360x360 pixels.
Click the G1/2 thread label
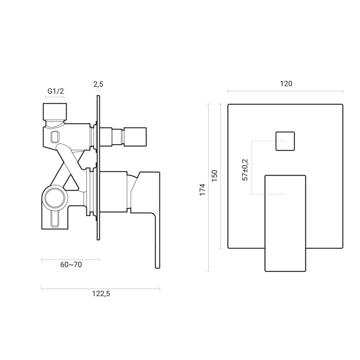(55, 91)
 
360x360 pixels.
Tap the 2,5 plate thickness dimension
(98, 84)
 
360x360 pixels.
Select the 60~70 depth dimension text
(71, 265)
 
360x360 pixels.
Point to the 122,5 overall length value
(101, 293)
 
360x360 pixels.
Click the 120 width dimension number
(286, 84)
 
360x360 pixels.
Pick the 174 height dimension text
(202, 189)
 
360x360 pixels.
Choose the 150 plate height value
(215, 176)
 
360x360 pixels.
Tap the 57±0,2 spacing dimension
(246, 170)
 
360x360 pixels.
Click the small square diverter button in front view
(285, 141)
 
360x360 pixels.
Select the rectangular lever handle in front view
(285, 223)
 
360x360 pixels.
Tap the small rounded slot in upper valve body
(55, 136)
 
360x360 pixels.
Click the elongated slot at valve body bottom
(55, 220)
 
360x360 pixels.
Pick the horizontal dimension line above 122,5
(101, 288)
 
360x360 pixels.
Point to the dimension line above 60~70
(70, 259)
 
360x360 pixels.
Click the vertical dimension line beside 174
(209, 187)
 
